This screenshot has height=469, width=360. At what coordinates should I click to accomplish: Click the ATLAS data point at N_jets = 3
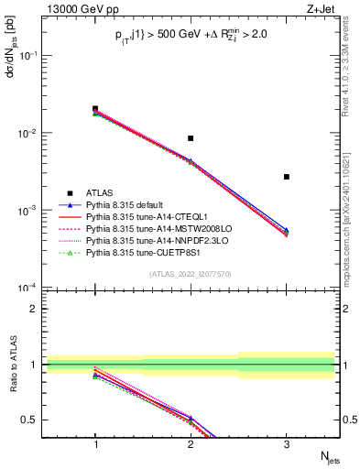point(287,177)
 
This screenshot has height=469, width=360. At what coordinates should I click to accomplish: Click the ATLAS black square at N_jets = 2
point(191,138)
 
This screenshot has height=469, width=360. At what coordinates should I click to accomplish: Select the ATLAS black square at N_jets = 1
point(95,109)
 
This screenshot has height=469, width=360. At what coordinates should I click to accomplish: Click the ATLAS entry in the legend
point(101,192)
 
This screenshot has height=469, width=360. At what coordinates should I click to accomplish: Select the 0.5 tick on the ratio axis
point(32,420)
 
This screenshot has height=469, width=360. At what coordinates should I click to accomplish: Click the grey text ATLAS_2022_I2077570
point(191,274)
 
